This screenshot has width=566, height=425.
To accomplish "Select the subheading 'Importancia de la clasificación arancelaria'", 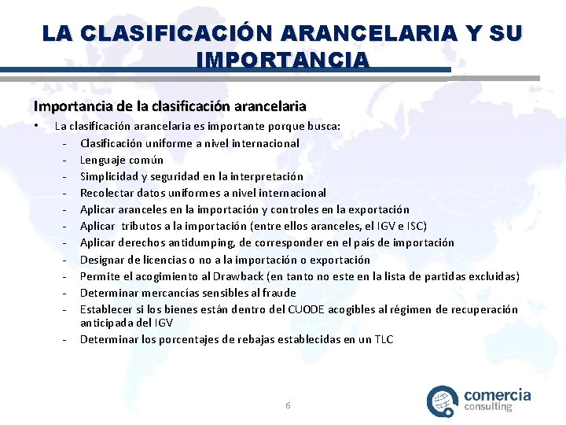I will (169, 105).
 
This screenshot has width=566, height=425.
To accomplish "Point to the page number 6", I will (288, 405).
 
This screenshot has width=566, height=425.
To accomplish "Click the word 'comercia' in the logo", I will (498, 395).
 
